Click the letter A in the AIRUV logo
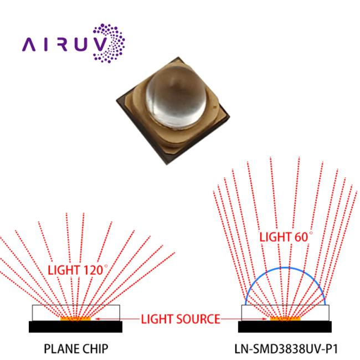[28, 44]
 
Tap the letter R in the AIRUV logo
[61, 44]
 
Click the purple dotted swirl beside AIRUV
[109, 43]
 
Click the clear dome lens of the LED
[176, 96]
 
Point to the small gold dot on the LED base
[215, 106]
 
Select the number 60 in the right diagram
[301, 237]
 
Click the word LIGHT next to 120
[64, 270]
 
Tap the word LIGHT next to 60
[275, 237]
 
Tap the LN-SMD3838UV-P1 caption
[286, 349]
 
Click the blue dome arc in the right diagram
[285, 268]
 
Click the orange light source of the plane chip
[75, 319]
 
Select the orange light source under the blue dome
[285, 319]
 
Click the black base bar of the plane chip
[75, 327]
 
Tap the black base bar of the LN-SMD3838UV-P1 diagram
[285, 327]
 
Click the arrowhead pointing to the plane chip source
[97, 319]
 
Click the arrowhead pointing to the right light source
[264, 319]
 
